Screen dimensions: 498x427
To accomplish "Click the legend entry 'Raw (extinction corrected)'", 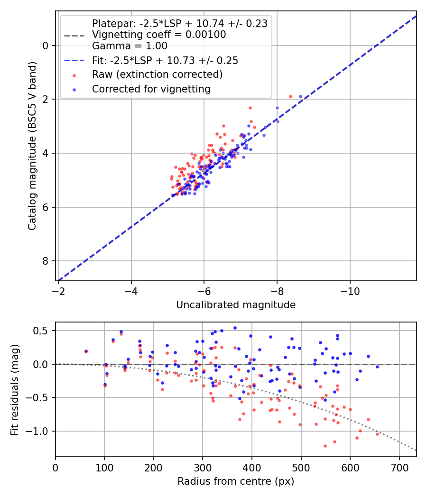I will pos(157,74).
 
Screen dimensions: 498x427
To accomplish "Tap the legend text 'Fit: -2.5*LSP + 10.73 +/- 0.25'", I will pos(165,60).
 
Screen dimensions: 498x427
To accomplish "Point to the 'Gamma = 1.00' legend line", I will pos(130,46).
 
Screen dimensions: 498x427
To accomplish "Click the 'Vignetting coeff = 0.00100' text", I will pos(159,35).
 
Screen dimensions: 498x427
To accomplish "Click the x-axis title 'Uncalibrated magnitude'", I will pos(236,305).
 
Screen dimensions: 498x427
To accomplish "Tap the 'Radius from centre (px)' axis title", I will pos(236,481).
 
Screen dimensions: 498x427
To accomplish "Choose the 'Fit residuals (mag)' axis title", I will pos(15,389).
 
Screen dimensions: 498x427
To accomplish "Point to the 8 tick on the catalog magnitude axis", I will pos(46,261).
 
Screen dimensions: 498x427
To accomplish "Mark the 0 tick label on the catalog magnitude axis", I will pos(46,46).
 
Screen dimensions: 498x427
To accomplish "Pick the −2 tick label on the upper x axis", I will pos(58,290).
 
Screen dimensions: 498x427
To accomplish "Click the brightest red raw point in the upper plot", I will pos(290,96).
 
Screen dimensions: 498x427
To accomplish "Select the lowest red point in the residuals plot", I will pos(325,446).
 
